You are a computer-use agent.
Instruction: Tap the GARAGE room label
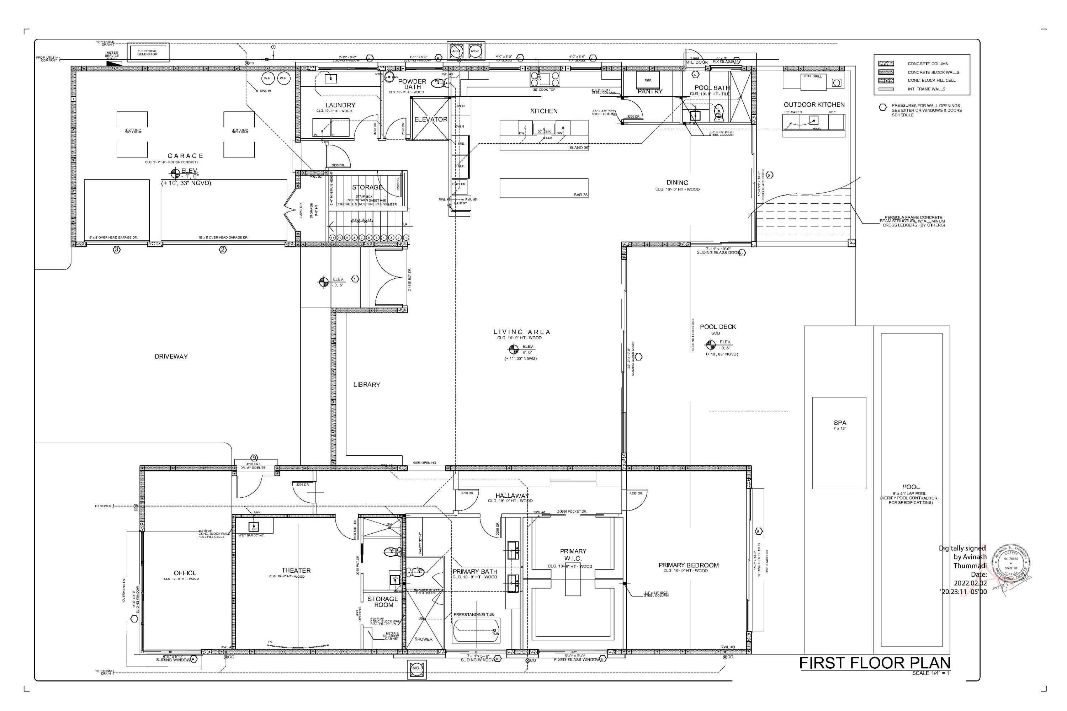(x=185, y=156)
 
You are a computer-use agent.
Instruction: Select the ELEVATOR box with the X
(x=430, y=119)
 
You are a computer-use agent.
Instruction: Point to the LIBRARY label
(x=367, y=385)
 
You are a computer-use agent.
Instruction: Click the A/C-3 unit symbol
(x=416, y=668)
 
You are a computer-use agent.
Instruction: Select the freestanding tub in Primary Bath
(x=476, y=631)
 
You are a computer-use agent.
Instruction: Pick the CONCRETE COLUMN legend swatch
(x=886, y=64)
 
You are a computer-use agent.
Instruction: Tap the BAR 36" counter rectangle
(x=543, y=188)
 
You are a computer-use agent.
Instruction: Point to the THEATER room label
(x=296, y=571)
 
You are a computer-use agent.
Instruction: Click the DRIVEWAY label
(x=171, y=357)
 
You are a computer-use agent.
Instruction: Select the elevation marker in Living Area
(x=514, y=349)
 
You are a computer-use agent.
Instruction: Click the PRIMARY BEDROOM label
(x=688, y=565)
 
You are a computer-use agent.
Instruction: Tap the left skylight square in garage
(x=132, y=134)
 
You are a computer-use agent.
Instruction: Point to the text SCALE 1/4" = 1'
(x=931, y=673)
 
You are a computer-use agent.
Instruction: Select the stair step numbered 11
(x=332, y=237)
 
